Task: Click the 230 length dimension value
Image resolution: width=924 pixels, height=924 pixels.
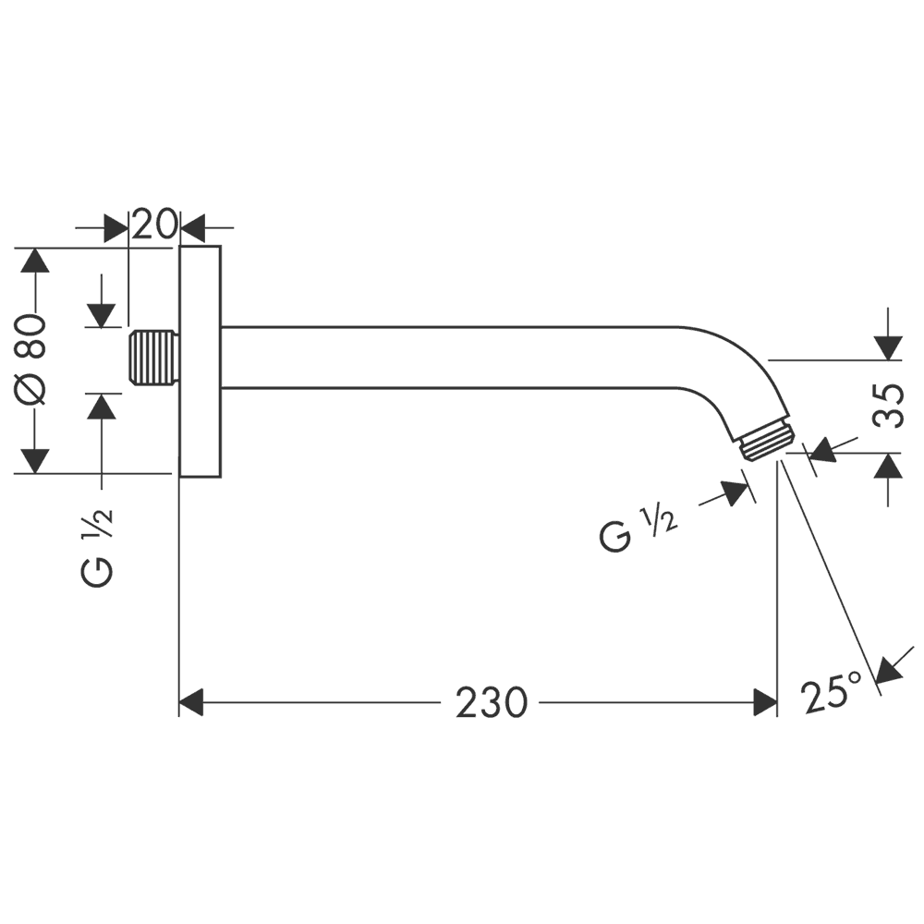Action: (490, 703)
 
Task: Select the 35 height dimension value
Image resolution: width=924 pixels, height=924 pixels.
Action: (888, 405)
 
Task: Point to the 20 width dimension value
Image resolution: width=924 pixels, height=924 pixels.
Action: (153, 225)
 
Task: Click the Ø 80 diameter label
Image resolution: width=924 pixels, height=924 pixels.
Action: (33, 360)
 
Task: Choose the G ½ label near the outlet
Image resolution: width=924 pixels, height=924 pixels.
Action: (638, 530)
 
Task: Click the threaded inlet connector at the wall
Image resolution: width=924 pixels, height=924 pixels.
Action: (153, 357)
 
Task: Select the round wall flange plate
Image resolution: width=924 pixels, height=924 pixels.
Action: (200, 361)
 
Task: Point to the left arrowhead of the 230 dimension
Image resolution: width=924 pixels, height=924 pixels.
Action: (190, 703)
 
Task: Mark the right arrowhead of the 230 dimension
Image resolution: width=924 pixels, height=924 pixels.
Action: (764, 703)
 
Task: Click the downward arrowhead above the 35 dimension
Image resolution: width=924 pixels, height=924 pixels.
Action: (888, 347)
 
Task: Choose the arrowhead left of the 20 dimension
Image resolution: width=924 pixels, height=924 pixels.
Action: (116, 226)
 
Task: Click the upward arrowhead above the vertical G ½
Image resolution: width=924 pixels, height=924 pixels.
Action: (102, 406)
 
